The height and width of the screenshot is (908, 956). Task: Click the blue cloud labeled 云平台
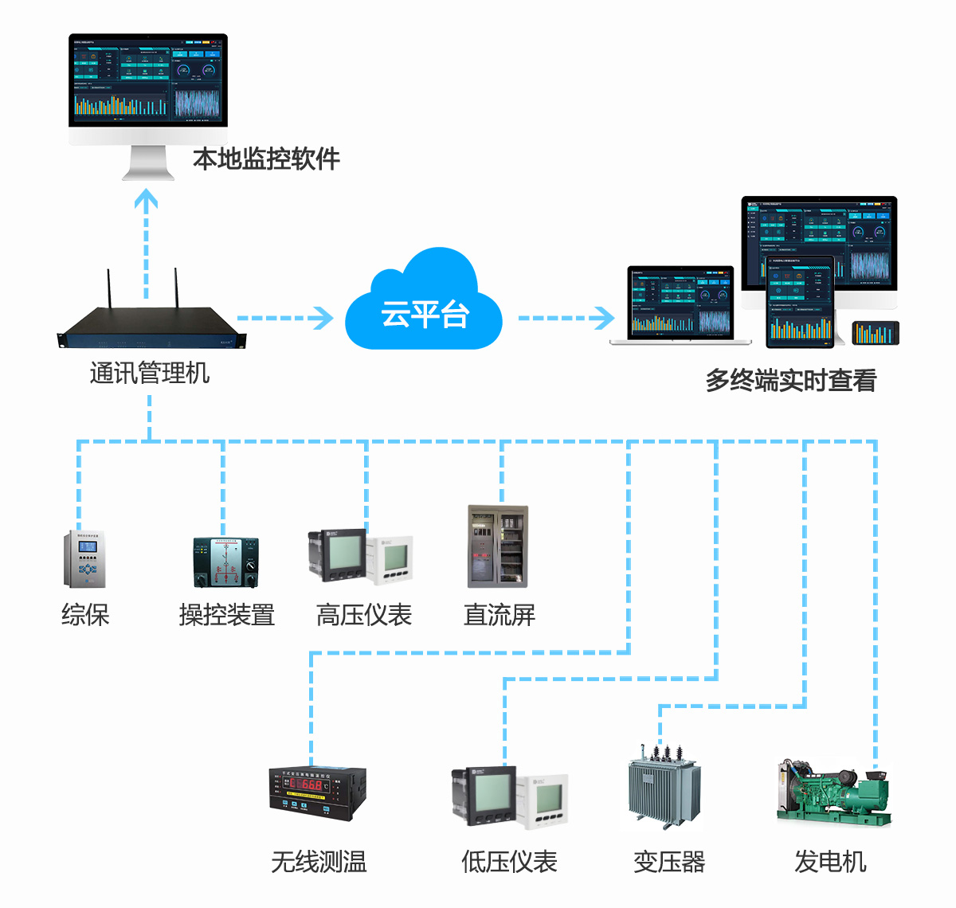[x=423, y=307]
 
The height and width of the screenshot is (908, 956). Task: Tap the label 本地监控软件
[x=266, y=159]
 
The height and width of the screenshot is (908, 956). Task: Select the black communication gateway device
[x=151, y=327]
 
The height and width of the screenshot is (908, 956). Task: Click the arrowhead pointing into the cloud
[x=324, y=318]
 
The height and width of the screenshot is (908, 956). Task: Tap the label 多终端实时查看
[x=790, y=381]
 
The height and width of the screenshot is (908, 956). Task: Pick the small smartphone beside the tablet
[x=876, y=333]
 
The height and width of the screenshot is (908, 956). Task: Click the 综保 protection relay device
[x=84, y=559]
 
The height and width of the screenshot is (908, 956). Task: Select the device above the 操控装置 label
[x=225, y=562]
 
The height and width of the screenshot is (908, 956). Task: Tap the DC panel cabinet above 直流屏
[x=497, y=546]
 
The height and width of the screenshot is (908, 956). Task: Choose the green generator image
[x=833, y=793]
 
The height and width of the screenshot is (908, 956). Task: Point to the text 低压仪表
[x=509, y=861]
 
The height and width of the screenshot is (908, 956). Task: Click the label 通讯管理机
[x=150, y=373]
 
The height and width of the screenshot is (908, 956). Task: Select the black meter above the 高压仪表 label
[x=338, y=556]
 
